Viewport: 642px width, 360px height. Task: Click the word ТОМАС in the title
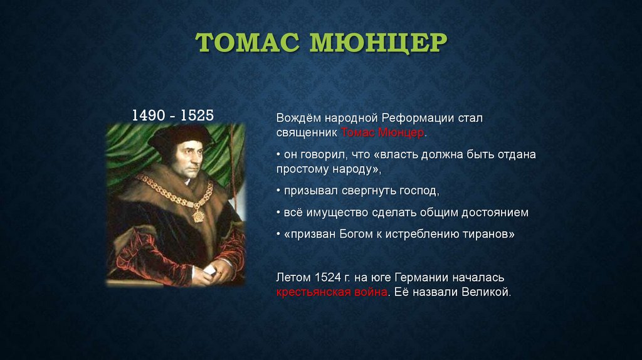click(x=247, y=43)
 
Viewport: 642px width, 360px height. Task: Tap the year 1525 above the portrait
click(x=196, y=115)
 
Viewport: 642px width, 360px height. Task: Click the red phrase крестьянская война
click(x=331, y=292)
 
